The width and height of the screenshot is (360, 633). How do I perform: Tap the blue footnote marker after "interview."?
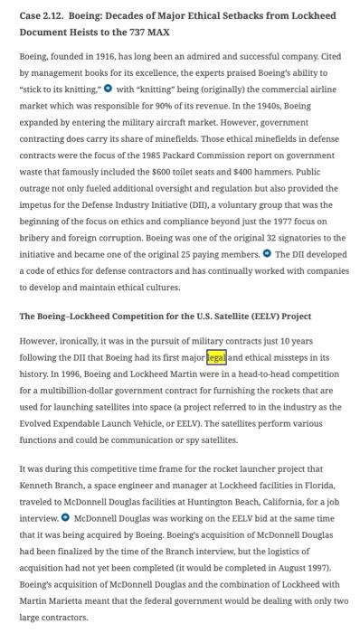[x=66, y=519]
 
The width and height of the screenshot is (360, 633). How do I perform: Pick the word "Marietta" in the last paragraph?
[x=61, y=607]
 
